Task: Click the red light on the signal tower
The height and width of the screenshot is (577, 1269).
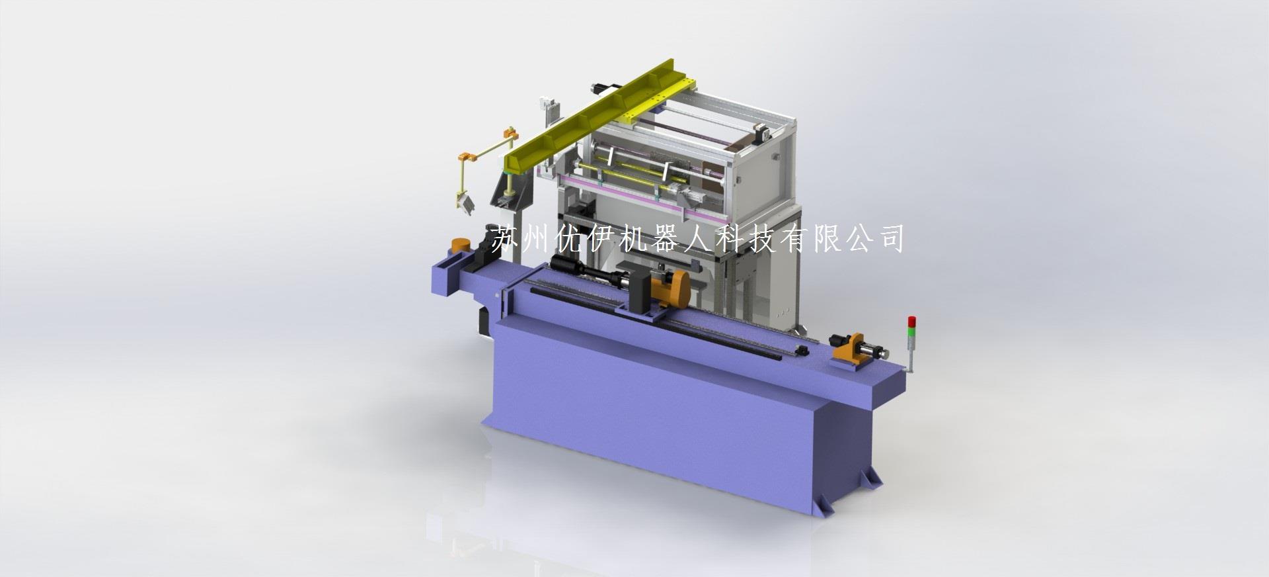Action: tap(913, 321)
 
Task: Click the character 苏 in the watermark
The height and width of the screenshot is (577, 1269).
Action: tap(506, 239)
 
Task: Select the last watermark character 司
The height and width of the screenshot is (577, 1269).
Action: tap(890, 239)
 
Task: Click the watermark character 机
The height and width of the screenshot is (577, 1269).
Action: tap(635, 239)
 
